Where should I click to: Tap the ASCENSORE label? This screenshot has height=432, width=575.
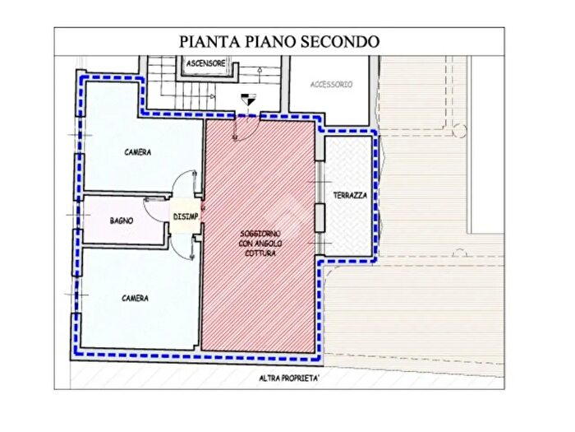coord(205,63)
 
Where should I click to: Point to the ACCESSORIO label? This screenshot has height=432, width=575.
coord(331,85)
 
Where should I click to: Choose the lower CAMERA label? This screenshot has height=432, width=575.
coord(136,298)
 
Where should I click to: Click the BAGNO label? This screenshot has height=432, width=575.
coord(122,221)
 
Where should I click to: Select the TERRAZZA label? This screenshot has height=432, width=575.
coord(350,195)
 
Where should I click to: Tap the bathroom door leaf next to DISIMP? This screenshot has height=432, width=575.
coord(156,199)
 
